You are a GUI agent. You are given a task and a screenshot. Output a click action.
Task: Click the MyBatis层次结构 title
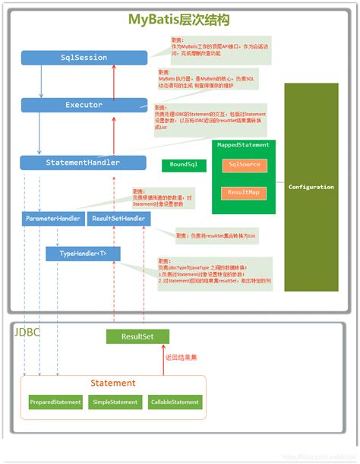click(x=179, y=20)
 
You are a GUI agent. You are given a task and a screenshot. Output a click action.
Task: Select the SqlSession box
click(x=84, y=57)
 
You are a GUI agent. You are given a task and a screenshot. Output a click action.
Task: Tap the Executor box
click(x=84, y=105)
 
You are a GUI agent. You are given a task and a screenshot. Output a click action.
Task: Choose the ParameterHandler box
click(x=52, y=219)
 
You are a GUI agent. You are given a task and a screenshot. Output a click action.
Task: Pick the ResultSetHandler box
click(x=118, y=219)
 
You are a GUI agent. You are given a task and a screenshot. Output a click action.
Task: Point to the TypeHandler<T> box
click(x=83, y=253)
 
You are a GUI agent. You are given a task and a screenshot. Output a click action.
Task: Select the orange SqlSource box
click(x=244, y=165)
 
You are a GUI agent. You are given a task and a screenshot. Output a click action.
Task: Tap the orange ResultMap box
click(x=244, y=193)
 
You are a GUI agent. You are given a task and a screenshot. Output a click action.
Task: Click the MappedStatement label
click(x=244, y=144)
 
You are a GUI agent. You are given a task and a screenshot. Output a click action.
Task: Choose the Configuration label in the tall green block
click(x=311, y=187)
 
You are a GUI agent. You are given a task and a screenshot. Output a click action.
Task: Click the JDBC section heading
click(x=29, y=333)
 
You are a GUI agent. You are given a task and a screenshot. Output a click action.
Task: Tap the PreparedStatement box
click(x=55, y=402)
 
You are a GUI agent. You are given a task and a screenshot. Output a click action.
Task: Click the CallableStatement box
click(x=175, y=402)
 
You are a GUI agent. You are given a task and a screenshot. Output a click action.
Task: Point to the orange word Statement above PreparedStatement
click(x=113, y=383)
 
